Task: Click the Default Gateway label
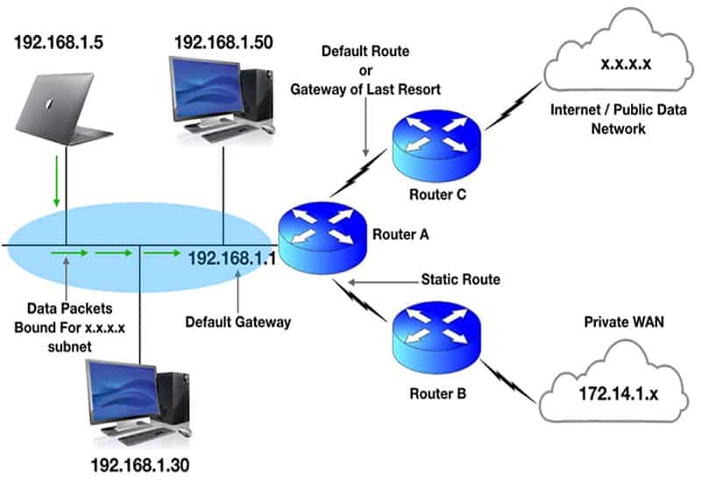[x=237, y=322]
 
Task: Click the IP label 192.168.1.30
[x=139, y=464]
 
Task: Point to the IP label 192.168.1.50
[x=223, y=41]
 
